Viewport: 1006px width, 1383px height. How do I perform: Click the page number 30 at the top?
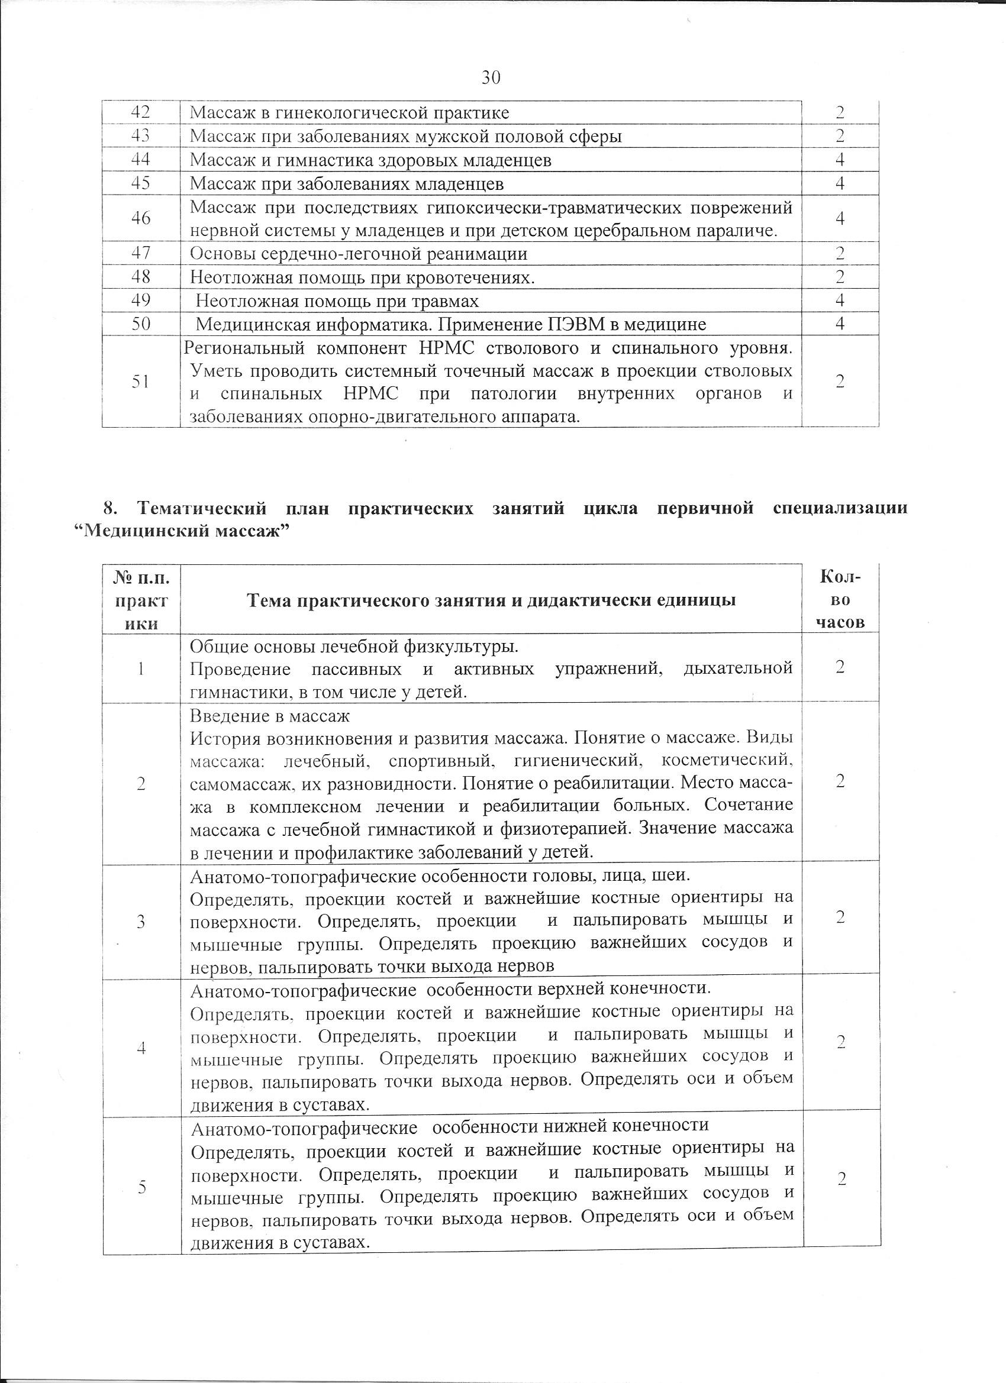(x=491, y=77)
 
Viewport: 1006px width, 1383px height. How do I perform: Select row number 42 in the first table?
(x=141, y=112)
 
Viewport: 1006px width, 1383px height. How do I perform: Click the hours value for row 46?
(x=840, y=218)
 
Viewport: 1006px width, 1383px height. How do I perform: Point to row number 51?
(x=141, y=382)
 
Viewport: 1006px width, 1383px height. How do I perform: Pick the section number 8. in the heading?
(x=110, y=509)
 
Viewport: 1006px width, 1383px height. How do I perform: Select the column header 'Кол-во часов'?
(x=841, y=599)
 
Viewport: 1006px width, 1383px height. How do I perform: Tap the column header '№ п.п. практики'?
(x=141, y=600)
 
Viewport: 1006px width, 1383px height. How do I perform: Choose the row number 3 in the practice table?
(x=141, y=922)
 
